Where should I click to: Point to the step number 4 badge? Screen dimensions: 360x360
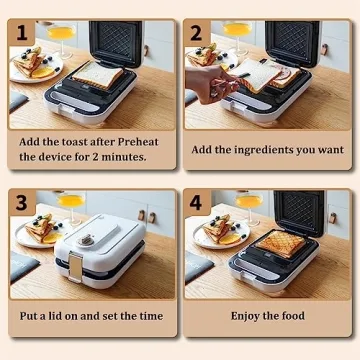click(x=196, y=203)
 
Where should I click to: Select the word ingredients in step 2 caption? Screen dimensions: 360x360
click(x=282, y=150)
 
